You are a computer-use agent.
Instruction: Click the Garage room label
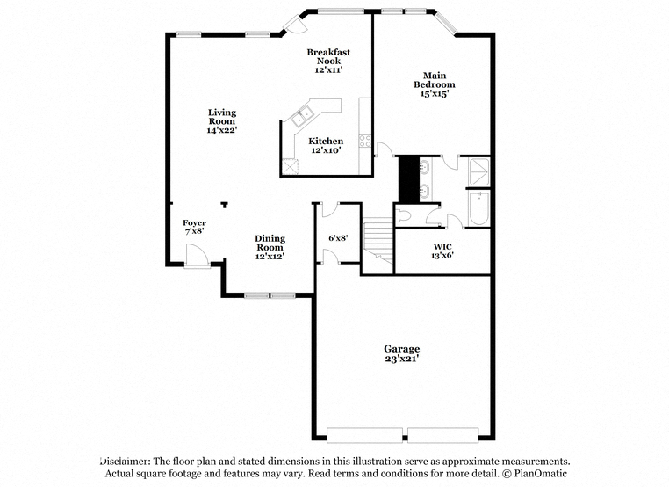401,349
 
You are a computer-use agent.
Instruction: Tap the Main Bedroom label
435,80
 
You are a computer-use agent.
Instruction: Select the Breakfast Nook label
328,56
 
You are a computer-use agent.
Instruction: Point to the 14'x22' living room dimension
222,130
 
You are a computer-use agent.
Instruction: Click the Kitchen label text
326,141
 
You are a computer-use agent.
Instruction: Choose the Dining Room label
270,243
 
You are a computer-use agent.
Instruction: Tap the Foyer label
195,222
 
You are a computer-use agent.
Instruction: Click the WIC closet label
442,246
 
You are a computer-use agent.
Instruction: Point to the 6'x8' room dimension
338,238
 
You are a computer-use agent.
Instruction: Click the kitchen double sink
303,117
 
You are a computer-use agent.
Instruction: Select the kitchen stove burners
365,141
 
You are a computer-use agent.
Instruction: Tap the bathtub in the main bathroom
479,208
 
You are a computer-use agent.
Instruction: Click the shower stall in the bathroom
479,172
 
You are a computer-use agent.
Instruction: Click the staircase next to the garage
378,241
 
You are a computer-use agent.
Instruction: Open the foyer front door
198,256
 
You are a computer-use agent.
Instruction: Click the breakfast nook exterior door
295,24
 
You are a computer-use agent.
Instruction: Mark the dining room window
270,295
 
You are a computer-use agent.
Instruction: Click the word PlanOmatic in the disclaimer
541,473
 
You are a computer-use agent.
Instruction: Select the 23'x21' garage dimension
401,359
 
